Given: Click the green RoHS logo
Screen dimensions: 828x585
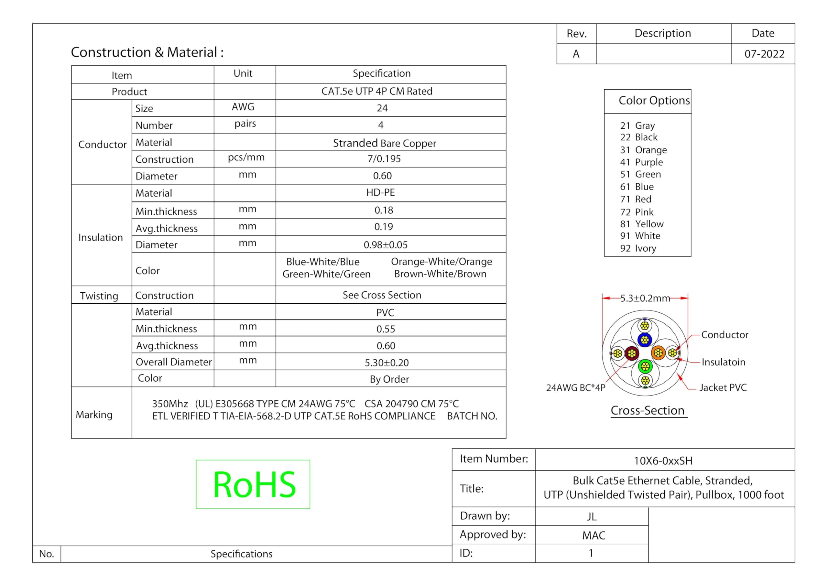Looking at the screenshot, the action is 253,484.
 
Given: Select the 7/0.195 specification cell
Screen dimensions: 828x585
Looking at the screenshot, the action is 384,159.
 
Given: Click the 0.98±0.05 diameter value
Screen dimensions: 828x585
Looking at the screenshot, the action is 386,245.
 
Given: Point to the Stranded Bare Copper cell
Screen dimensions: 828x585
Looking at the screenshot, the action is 385,143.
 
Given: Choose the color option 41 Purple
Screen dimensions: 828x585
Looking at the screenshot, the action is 641,162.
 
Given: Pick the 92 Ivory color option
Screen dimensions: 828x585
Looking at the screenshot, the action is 638,248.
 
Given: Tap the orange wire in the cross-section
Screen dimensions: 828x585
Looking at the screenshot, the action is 658,353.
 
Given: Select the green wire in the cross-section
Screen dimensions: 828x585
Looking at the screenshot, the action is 645,366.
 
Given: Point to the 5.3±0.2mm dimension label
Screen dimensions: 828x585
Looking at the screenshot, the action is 645,298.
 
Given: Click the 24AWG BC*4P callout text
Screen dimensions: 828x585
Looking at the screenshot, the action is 576,388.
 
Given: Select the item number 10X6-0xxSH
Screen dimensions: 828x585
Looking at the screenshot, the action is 663,460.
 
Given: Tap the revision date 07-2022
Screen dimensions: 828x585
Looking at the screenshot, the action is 764,54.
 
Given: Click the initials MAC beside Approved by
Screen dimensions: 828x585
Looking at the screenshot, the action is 594,535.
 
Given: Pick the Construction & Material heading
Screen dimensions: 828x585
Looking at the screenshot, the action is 147,52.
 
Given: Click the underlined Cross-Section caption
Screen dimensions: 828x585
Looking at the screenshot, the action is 648,410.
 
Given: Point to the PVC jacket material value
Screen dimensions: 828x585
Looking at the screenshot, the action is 385,312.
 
